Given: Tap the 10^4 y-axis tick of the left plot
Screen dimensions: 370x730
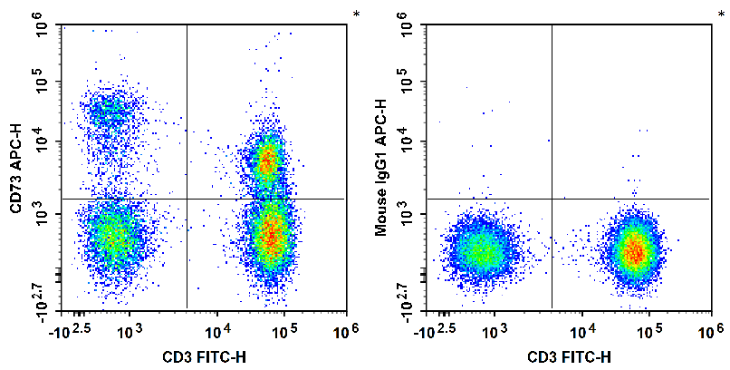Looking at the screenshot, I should point(41,141).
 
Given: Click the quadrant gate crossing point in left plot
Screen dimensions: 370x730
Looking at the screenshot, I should point(187,199).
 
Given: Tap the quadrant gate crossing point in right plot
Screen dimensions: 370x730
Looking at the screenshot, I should point(552,199).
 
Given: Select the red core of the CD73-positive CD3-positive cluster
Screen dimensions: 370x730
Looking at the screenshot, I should point(266,161).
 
